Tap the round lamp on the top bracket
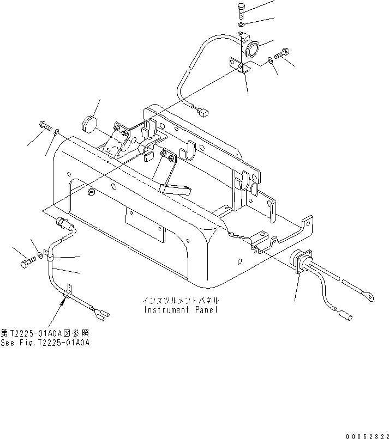pyautogui.click(x=252, y=49)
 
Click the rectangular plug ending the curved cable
pyautogui.click(x=203, y=113)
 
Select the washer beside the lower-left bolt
pyautogui.click(x=43, y=252)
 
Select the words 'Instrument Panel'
pyautogui.click(x=181, y=310)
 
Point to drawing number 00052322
pyautogui.click(x=366, y=435)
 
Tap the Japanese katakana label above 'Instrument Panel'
pyautogui.click(x=181, y=301)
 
